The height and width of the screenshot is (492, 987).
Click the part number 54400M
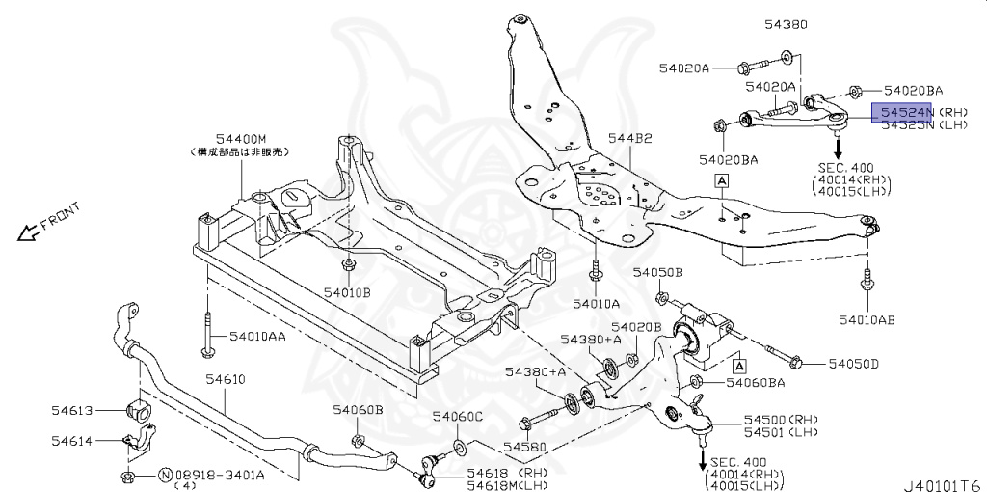coord(239,139)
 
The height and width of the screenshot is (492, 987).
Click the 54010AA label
coord(257,337)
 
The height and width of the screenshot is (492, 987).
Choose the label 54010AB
coord(867,318)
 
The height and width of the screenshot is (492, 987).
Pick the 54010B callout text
coord(347,290)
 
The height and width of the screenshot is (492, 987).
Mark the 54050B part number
coord(658,273)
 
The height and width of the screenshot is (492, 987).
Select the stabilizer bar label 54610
coord(221,380)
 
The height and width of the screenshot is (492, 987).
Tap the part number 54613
coord(72,410)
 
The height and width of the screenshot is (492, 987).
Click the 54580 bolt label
coord(524,448)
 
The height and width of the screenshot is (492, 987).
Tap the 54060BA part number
coord(755,383)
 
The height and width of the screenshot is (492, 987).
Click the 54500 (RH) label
coord(779,421)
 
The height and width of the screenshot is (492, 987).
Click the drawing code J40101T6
coord(942,483)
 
